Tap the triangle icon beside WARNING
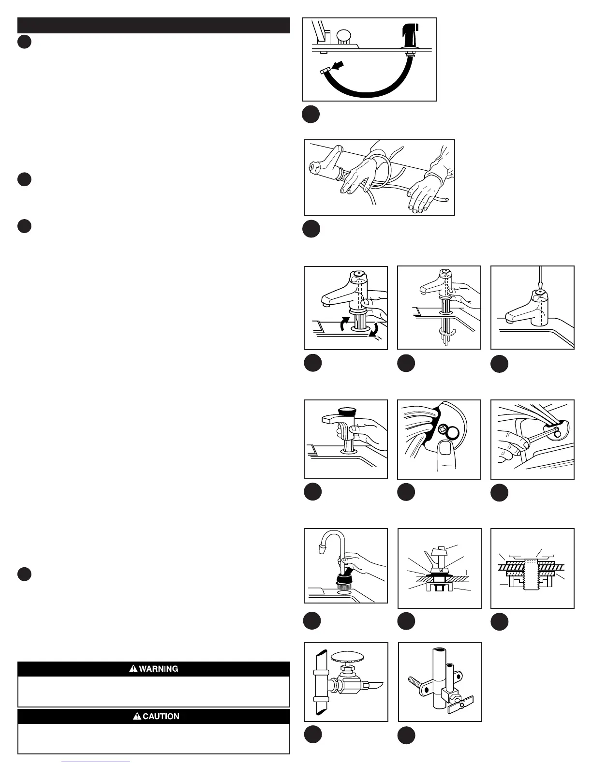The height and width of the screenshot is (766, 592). click(x=133, y=669)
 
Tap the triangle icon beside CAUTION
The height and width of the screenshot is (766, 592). click(x=137, y=716)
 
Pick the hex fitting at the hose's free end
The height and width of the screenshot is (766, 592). click(x=325, y=72)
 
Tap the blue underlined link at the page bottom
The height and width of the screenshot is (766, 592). click(x=96, y=763)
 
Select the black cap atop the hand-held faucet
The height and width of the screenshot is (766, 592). click(x=346, y=412)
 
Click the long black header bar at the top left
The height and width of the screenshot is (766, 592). click(x=154, y=26)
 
